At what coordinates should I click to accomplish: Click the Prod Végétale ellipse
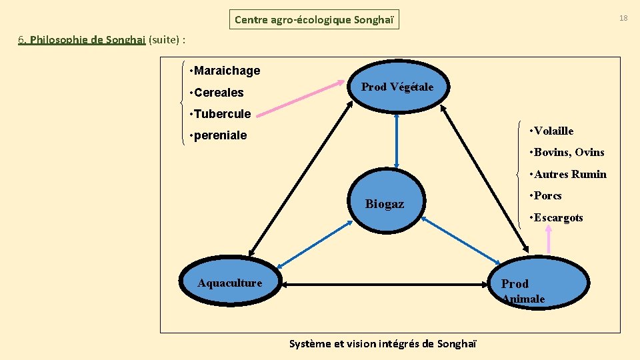(397, 87)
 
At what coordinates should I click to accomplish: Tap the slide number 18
(623, 18)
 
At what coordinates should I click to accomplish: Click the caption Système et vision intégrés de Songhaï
(383, 344)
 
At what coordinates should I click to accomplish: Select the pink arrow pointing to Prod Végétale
(301, 103)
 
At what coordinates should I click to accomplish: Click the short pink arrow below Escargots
(549, 241)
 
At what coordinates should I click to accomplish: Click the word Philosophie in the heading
(58, 40)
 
